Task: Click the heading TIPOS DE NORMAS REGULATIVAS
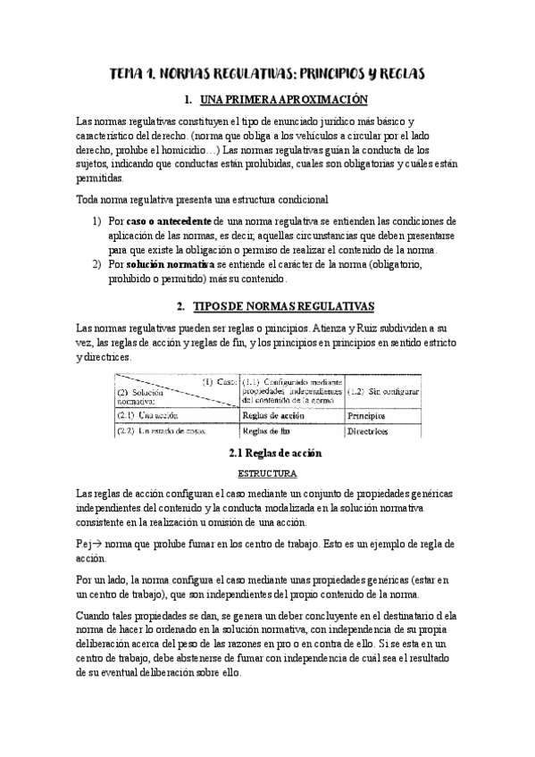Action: [280, 306]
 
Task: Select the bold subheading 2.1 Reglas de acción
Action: [267, 453]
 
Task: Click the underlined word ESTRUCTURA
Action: [267, 473]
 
